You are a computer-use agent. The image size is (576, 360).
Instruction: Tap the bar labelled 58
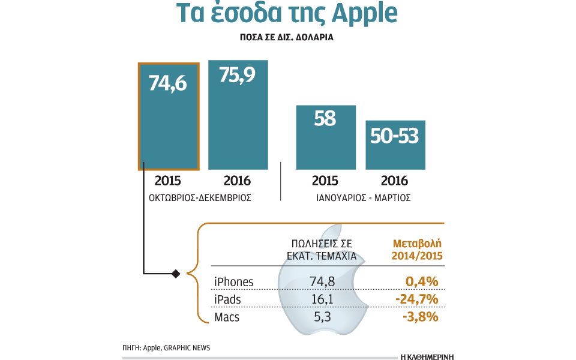tap(326, 137)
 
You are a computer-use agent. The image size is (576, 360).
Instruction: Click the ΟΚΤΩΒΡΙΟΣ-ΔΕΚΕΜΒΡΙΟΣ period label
tap(200, 197)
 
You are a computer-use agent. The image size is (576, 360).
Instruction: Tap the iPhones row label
tap(234, 282)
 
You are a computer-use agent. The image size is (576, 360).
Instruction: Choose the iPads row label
tap(229, 299)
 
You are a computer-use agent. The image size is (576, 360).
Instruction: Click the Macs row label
tap(227, 317)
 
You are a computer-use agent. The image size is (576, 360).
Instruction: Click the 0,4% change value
tap(421, 282)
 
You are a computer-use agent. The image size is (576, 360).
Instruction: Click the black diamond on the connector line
tap(176, 274)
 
